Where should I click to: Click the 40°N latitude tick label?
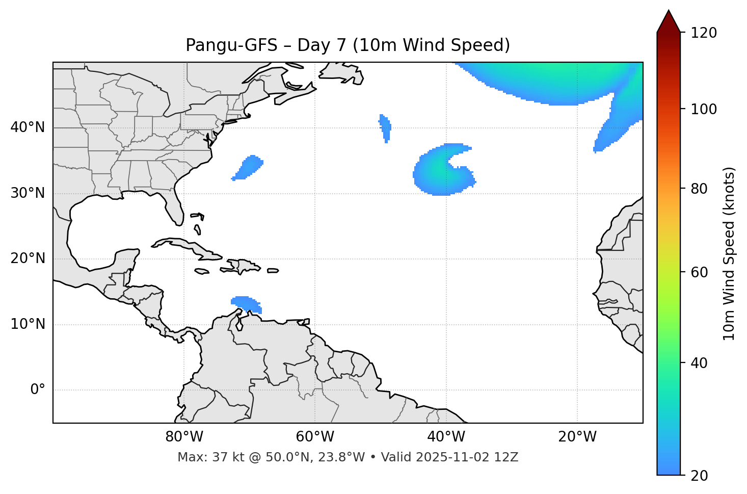[x=28, y=127]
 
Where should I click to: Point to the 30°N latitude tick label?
[x=28, y=193]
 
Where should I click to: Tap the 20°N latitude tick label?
[x=28, y=258]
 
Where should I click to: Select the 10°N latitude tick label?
[x=28, y=324]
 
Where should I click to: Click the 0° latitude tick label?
[x=38, y=390]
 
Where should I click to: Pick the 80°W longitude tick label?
[x=184, y=437]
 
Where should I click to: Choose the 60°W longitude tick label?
[x=315, y=437]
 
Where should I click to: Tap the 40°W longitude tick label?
[x=446, y=437]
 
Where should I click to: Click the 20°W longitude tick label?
[x=577, y=437]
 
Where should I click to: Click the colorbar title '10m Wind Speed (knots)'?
[x=729, y=253]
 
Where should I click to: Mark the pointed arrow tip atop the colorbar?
[x=669, y=12]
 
